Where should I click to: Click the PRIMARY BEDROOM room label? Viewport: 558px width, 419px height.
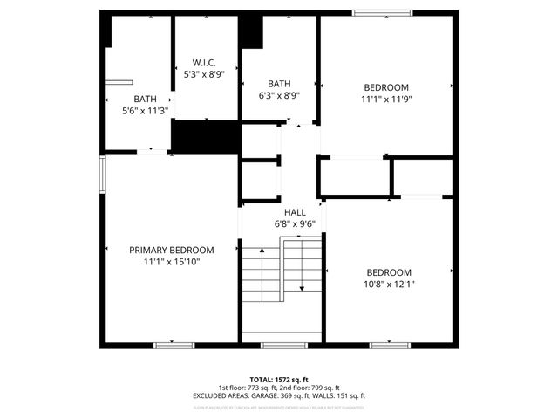pyautogui.click(x=172, y=250)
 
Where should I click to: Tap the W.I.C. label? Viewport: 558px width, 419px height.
pyautogui.click(x=204, y=63)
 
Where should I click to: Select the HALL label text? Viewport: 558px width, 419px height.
pyautogui.click(x=295, y=212)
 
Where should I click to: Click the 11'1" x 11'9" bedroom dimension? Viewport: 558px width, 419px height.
pyautogui.click(x=386, y=100)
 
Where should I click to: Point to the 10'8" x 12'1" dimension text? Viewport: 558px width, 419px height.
pyautogui.click(x=389, y=284)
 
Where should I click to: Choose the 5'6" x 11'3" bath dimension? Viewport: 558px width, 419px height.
pyautogui.click(x=145, y=111)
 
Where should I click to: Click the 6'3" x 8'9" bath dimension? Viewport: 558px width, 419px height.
pyautogui.click(x=280, y=96)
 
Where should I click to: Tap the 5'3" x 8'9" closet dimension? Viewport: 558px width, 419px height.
pyautogui.click(x=204, y=75)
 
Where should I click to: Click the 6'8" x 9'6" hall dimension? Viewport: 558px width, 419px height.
pyautogui.click(x=295, y=223)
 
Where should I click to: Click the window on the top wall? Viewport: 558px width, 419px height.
pyautogui.click(x=381, y=12)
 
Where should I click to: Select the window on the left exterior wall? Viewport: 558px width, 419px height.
pyautogui.click(x=102, y=175)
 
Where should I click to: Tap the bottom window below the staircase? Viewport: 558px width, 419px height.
pyautogui.click(x=284, y=346)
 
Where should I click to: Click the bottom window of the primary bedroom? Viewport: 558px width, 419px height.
pyautogui.click(x=174, y=346)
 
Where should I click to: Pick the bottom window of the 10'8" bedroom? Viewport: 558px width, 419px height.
pyautogui.click(x=390, y=346)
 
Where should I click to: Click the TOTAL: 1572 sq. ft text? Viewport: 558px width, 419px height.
pyautogui.click(x=279, y=380)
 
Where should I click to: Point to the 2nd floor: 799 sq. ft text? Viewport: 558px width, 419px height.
pyautogui.click(x=314, y=388)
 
